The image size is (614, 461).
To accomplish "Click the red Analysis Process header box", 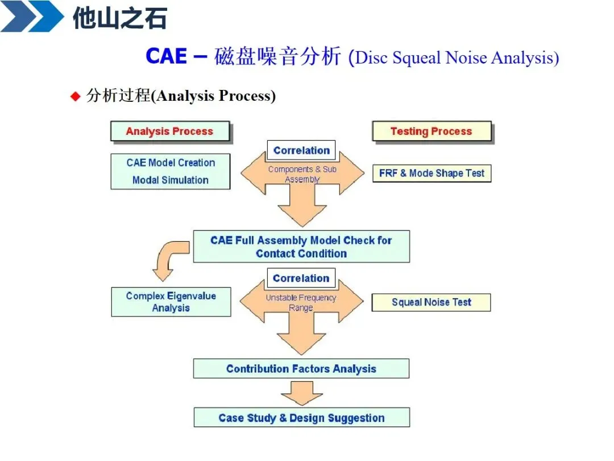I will pos(169,131).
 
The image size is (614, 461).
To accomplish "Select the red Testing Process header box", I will pos(431,131).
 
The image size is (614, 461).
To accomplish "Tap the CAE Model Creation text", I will pos(171,163).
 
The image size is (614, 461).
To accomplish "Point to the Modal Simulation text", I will pos(171,180).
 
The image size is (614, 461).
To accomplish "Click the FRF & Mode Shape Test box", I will pos(432,173).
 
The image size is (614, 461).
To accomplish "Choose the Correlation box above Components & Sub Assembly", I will pos(301,151).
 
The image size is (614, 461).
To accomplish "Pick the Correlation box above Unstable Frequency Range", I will pos(301,278).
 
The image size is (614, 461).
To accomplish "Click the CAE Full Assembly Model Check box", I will pos(301,247).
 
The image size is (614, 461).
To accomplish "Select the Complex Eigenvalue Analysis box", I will pos(171,302).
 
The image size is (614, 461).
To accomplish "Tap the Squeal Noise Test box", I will pos(431,302).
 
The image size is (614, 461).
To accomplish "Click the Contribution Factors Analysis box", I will pos(301,369).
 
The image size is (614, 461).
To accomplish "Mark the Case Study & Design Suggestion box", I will pos(301,418).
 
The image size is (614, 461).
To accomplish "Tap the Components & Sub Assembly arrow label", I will pos(302,174).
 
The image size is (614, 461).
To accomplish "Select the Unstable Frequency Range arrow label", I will pos(301,303).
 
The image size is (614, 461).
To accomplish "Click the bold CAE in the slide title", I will pos(166,57).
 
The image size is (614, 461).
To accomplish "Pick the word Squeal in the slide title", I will pos(417,58).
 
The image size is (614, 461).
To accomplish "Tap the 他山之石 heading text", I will pos(119,19).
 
